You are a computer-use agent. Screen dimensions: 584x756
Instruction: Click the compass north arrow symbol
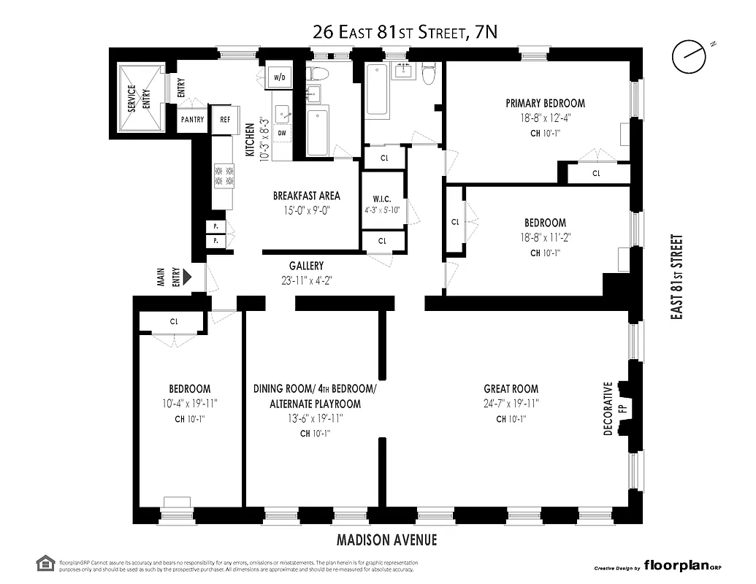pos(689,57)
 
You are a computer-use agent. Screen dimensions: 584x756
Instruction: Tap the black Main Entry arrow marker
pos(187,277)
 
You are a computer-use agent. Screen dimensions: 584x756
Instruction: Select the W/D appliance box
pos(279,77)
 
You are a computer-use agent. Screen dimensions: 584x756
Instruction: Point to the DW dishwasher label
pos(281,133)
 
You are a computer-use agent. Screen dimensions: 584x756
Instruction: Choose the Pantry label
pos(192,120)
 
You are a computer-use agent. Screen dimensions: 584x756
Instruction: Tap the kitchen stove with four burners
pos(224,175)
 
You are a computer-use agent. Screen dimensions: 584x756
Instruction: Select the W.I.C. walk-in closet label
pos(383,199)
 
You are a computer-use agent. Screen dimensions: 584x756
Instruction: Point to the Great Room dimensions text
pos(511,404)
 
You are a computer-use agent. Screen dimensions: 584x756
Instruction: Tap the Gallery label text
pos(305,266)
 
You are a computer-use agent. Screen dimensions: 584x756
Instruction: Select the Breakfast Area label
pos(306,196)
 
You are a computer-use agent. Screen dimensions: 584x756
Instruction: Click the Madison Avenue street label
pos(386,540)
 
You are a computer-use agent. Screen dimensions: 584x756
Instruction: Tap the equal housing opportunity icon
pos(45,563)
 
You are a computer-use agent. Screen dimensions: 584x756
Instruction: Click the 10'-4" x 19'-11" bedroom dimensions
pos(189,404)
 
